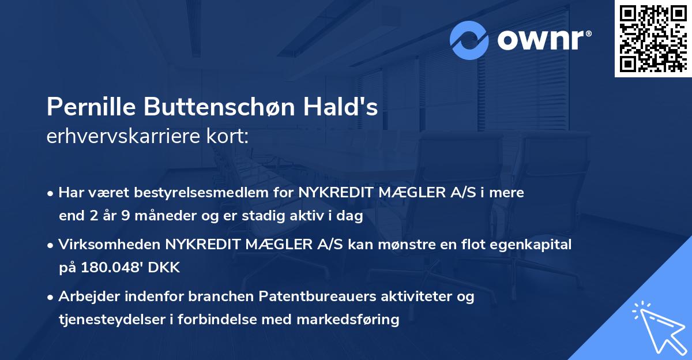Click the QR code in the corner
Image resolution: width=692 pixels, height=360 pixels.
click(x=653, y=39)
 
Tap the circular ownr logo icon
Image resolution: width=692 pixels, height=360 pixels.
click(x=470, y=40)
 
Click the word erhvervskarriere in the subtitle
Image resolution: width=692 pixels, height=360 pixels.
click(x=126, y=137)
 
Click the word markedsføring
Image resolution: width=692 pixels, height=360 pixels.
click(x=351, y=320)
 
